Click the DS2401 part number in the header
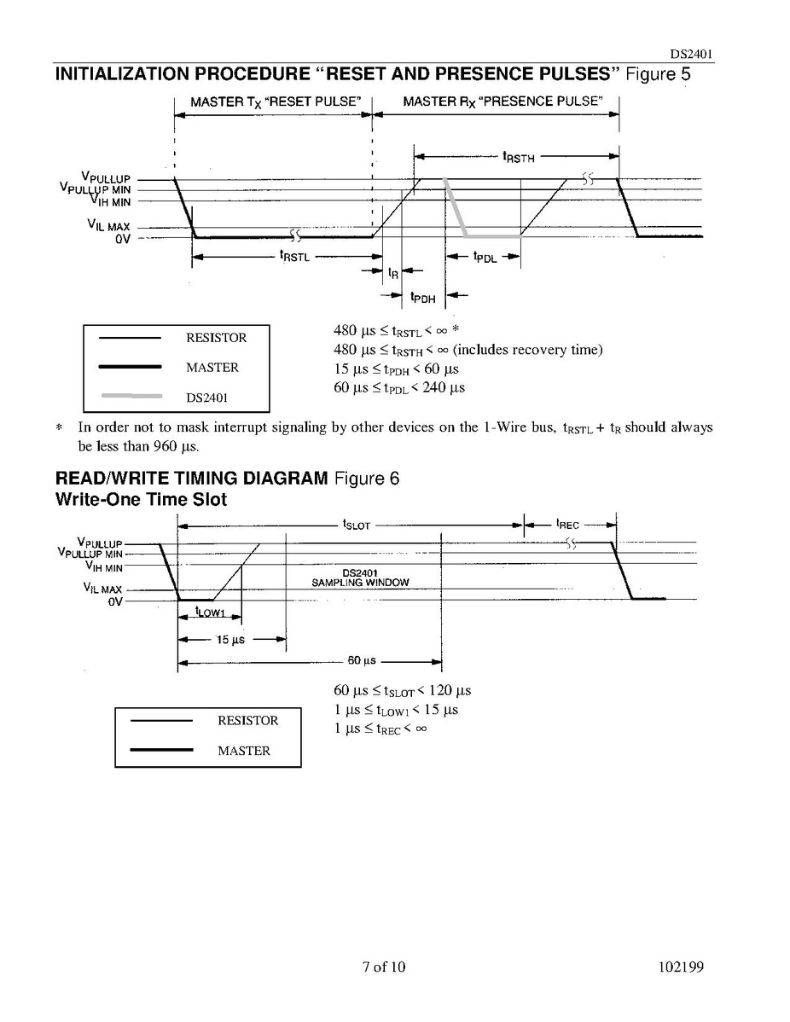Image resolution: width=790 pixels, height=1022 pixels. [686, 54]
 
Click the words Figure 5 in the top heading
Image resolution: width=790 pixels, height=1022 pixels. [658, 74]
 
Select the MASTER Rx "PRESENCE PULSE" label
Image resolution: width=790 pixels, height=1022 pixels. [502, 102]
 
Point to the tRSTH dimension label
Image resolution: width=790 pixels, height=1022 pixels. [519, 157]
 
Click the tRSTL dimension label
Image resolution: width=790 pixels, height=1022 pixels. [294, 256]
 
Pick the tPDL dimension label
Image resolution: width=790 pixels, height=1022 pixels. [485, 257]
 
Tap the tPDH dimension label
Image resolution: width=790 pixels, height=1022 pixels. [422, 297]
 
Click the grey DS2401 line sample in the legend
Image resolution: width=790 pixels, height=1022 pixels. [130, 397]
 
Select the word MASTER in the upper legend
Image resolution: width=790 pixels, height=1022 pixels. [212, 368]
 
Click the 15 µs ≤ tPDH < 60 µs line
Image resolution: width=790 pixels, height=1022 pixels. [396, 369]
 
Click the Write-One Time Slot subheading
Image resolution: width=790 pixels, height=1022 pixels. [141, 500]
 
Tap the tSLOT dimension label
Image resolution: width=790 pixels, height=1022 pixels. [357, 526]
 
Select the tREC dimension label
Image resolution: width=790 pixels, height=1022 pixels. [567, 525]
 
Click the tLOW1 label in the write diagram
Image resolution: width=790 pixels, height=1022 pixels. [210, 611]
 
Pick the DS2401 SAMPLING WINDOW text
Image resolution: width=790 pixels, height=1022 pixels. [360, 578]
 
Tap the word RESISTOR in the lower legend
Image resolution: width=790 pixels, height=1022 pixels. [247, 721]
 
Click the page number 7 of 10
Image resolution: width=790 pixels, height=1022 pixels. [384, 967]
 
